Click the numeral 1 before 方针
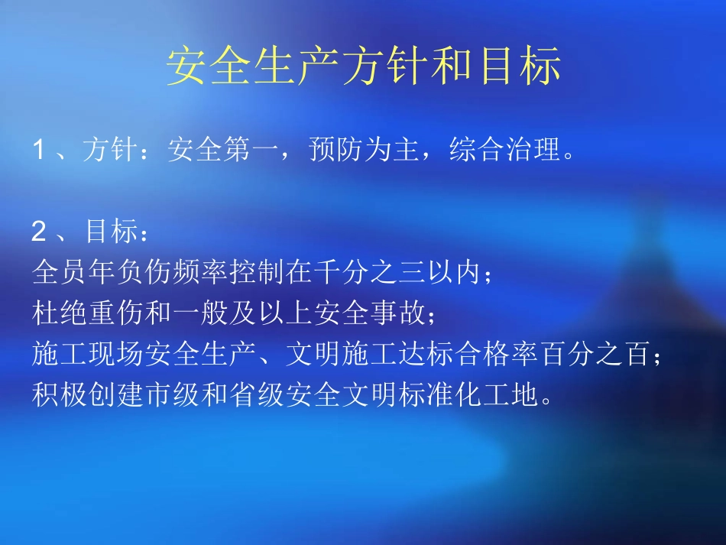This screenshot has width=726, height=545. coord(39,151)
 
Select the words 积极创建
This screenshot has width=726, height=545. coord(85,397)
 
